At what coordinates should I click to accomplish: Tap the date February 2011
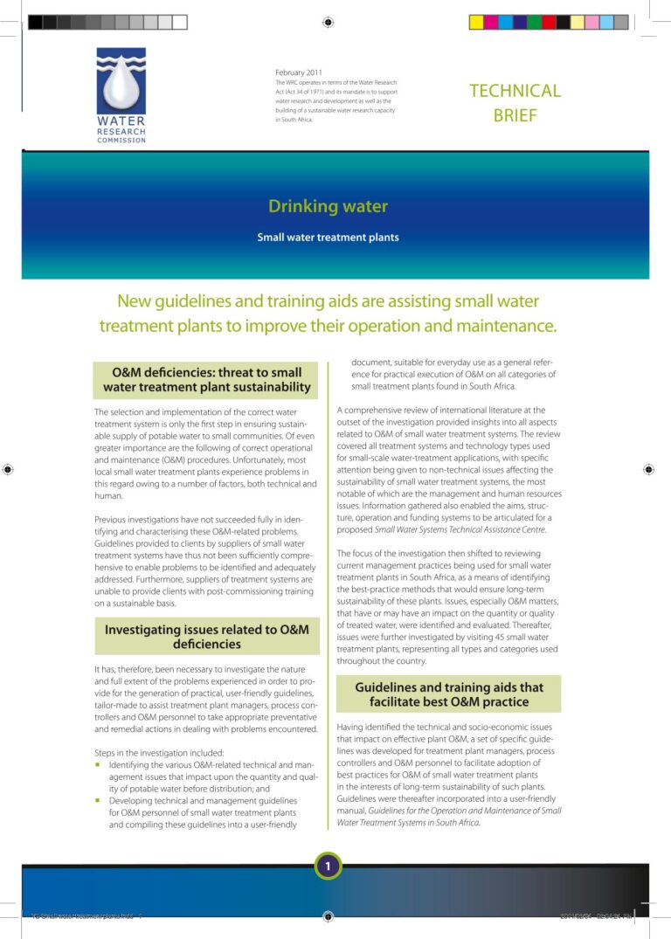tap(299, 72)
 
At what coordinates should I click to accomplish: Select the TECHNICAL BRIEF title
tap(515, 102)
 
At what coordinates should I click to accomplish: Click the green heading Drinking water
tap(328, 207)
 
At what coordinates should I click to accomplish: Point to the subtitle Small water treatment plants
tap(328, 237)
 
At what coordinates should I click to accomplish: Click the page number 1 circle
tap(328, 866)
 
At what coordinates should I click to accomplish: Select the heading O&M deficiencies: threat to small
tap(206, 373)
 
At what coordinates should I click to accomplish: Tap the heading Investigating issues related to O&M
tap(206, 629)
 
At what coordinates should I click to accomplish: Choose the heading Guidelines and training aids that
tap(449, 687)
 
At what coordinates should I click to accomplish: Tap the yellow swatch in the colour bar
tap(477, 22)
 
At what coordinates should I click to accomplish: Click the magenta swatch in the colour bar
tap(491, 22)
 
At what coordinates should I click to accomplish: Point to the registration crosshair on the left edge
tap(8, 469)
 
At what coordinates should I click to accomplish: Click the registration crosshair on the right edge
tap(648, 469)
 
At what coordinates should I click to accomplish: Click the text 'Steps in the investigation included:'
tap(159, 752)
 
